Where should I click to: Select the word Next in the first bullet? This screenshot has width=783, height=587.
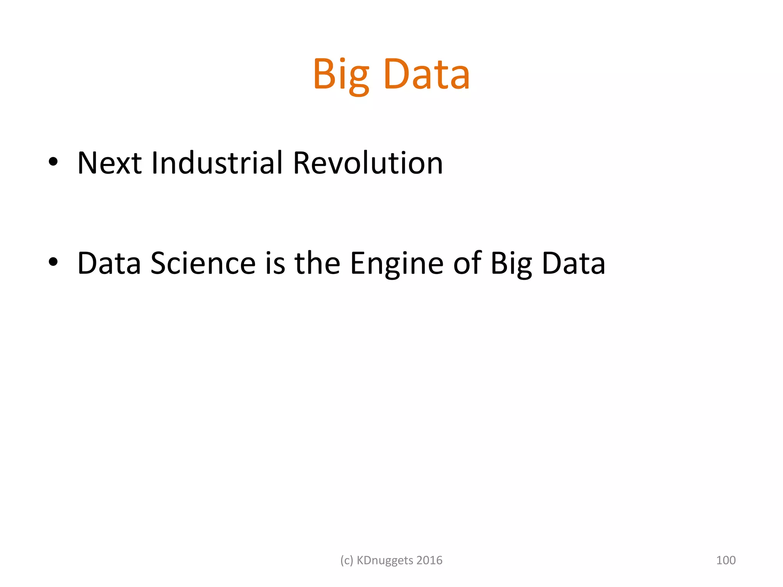point(109,163)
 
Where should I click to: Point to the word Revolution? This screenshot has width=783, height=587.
point(368,163)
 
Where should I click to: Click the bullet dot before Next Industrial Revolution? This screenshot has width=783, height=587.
point(53,162)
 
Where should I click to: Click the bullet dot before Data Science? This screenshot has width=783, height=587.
point(53,262)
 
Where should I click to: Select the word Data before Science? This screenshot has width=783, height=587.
point(109,263)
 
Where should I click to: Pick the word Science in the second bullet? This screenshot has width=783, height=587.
point(203,263)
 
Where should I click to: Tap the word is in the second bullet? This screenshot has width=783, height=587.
point(275,263)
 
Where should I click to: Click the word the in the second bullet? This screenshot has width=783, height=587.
point(317,263)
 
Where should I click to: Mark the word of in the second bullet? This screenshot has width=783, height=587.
point(467,263)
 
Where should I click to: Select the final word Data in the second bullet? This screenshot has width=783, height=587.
point(573,263)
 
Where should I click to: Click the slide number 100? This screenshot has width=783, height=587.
point(726,560)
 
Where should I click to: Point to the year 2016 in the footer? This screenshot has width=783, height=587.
point(429,560)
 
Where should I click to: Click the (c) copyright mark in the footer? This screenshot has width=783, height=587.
point(347,561)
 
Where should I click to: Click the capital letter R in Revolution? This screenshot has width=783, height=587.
point(302,163)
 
